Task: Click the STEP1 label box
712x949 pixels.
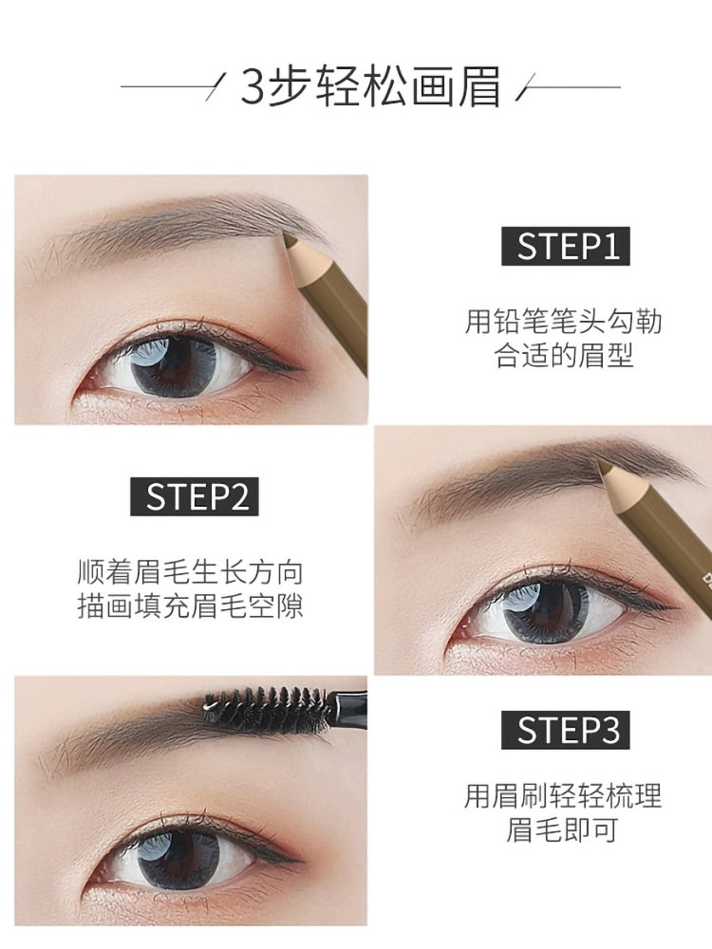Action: (x=566, y=247)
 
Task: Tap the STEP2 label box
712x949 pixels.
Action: (x=195, y=496)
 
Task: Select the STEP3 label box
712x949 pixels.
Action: (x=566, y=730)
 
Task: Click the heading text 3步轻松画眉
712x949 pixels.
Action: (x=370, y=86)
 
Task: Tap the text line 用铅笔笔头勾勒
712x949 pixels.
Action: (x=563, y=322)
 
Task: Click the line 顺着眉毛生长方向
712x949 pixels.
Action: (x=190, y=571)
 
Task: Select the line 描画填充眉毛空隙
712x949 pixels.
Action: (x=190, y=605)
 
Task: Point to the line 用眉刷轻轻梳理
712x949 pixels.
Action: (x=563, y=795)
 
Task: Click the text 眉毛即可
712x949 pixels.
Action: (x=562, y=829)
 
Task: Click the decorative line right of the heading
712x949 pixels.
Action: (x=568, y=87)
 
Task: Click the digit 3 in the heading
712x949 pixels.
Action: (x=253, y=87)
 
